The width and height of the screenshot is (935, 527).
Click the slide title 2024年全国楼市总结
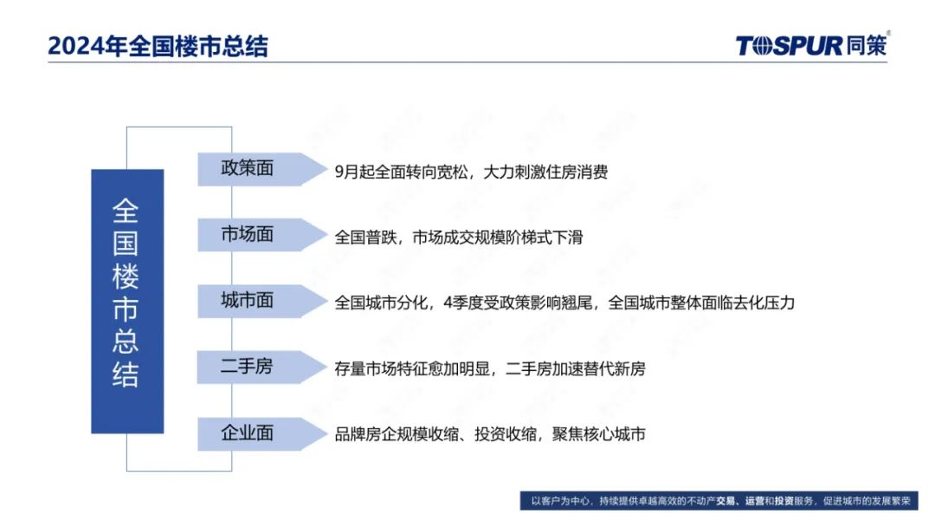[x=158, y=46]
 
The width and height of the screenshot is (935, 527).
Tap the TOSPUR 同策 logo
[x=812, y=44]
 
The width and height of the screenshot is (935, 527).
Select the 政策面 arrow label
[x=261, y=170]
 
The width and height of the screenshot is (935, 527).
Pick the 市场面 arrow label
[x=261, y=235]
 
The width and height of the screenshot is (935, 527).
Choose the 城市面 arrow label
[x=261, y=301]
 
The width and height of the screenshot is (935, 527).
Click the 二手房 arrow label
[x=261, y=367]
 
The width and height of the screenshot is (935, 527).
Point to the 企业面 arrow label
[x=261, y=433]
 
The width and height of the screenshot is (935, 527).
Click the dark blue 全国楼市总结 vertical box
[x=127, y=301]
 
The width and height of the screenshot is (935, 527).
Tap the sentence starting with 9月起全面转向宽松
[x=471, y=172]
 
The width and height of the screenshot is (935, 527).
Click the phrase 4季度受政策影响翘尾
[x=518, y=303]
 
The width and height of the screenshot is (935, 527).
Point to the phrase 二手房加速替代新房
[x=576, y=369]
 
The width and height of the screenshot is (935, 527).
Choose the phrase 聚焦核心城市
[x=599, y=434]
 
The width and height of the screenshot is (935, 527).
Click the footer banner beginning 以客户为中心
[x=719, y=501]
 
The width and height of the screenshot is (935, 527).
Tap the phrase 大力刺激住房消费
[x=545, y=172]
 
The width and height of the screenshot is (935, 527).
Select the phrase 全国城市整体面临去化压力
[x=701, y=303]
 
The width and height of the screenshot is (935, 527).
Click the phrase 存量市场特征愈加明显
[x=412, y=369]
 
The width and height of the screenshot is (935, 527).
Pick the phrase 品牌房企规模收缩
[x=397, y=434]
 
